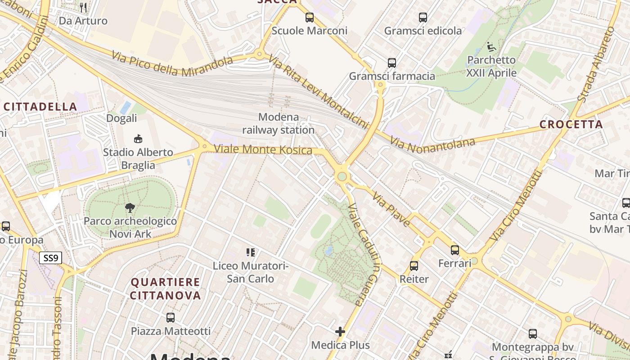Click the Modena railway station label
(278, 124)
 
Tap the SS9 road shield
(50, 258)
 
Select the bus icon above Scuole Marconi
(310, 18)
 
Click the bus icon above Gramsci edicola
(423, 18)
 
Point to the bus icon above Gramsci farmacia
(392, 63)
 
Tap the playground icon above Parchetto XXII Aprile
(491, 46)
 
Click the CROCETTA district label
(571, 125)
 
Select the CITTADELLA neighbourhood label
(40, 107)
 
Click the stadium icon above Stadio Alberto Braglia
(138, 139)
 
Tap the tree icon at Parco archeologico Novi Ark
(130, 208)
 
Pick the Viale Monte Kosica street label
(263, 149)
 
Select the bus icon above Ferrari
(455, 250)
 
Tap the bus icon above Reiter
(414, 266)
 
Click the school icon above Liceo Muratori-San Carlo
(250, 252)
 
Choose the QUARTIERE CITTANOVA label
(165, 289)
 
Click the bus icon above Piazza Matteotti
(171, 318)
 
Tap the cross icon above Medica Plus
(340, 332)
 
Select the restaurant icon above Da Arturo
(83, 7)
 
